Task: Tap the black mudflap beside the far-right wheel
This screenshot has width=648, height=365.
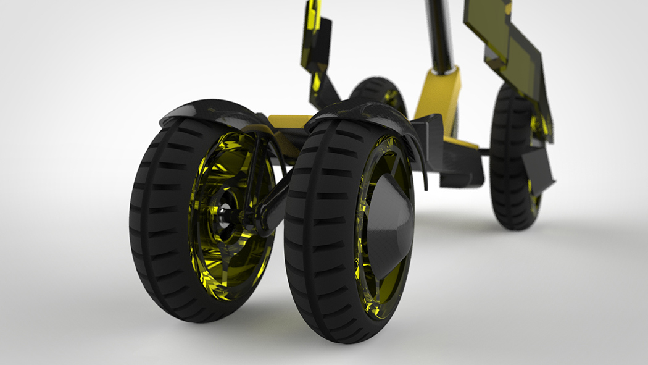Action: coord(537,167)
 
